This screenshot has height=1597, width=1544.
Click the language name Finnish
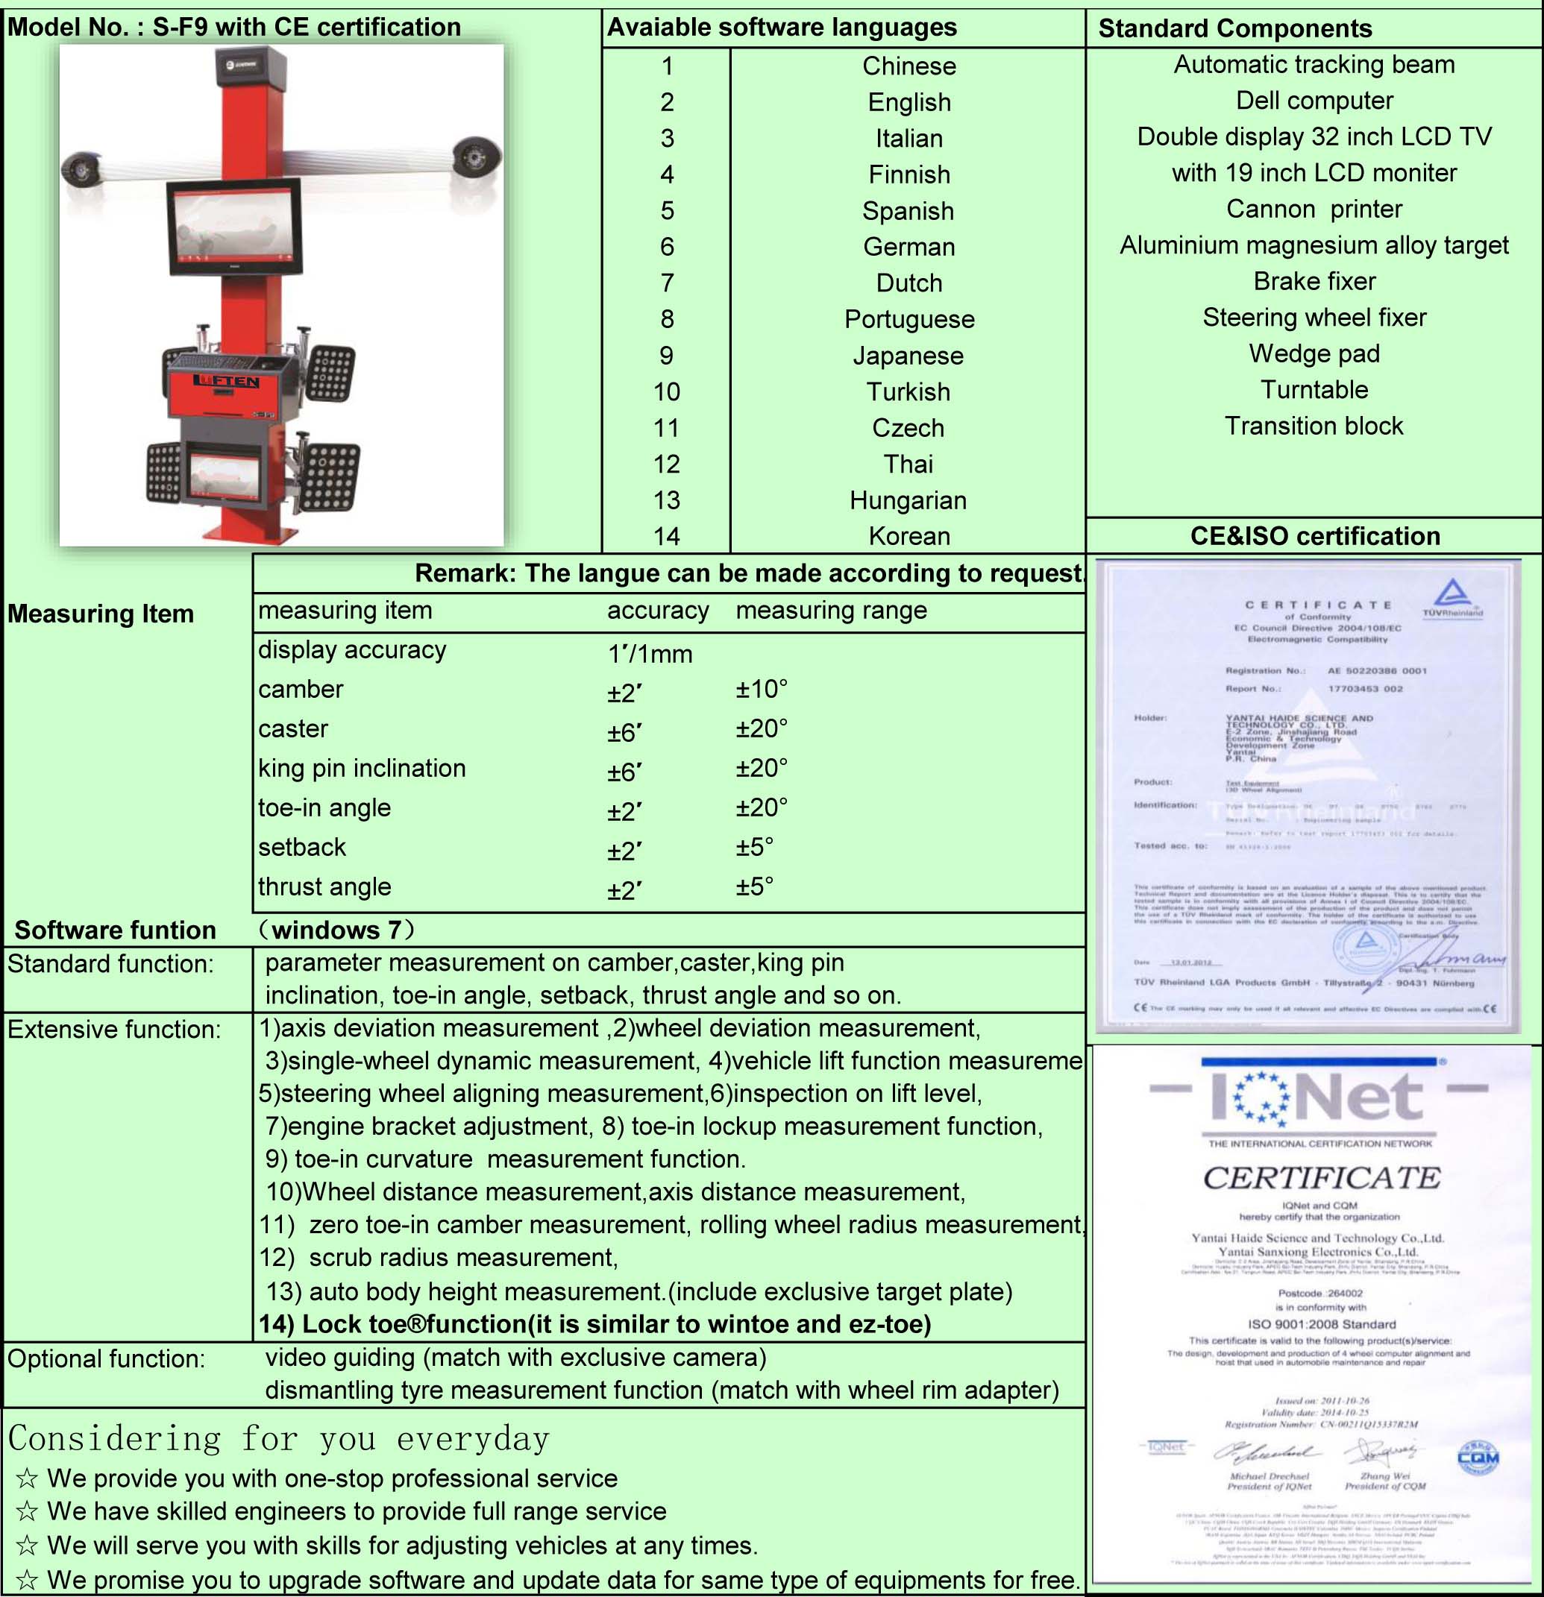click(x=909, y=174)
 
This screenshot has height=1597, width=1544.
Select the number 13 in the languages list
click(x=666, y=500)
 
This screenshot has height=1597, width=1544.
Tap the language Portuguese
click(x=909, y=319)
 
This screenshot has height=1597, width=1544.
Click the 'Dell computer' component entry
click(x=1314, y=100)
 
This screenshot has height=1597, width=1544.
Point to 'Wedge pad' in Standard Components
click(x=1314, y=353)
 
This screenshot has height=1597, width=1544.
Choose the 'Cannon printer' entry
click(x=1314, y=210)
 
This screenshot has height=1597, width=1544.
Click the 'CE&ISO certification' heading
click(x=1315, y=536)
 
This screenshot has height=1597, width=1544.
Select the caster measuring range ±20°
click(x=762, y=728)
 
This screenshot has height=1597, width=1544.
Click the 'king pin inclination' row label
click(x=362, y=769)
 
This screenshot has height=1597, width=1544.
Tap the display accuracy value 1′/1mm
click(x=650, y=653)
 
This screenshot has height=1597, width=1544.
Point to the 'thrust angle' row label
click(x=324, y=886)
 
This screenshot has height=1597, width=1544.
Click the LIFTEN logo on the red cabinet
click(x=226, y=381)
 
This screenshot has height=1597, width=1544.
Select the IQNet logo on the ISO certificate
click(x=1318, y=1097)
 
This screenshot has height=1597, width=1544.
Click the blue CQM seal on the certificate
click(x=1477, y=1458)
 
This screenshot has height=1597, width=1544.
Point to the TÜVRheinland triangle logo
click(x=1452, y=596)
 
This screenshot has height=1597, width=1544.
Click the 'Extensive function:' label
click(x=114, y=1030)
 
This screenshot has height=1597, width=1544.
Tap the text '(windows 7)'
click(x=336, y=930)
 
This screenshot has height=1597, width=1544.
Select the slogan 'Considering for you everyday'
click(x=279, y=1439)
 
